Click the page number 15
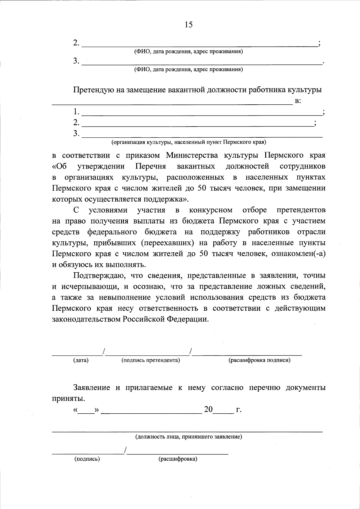tap(189, 25)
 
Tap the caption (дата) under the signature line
tap(81, 360)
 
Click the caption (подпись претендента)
tap(151, 360)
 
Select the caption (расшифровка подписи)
tap(259, 360)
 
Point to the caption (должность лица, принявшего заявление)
tap(189, 437)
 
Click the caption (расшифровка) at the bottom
tap(178, 459)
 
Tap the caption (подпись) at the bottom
tap(87, 459)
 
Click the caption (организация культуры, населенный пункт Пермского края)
tap(189, 142)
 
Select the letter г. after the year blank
tap(239, 410)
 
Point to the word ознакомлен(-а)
tap(298, 254)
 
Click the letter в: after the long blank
tap(298, 101)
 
